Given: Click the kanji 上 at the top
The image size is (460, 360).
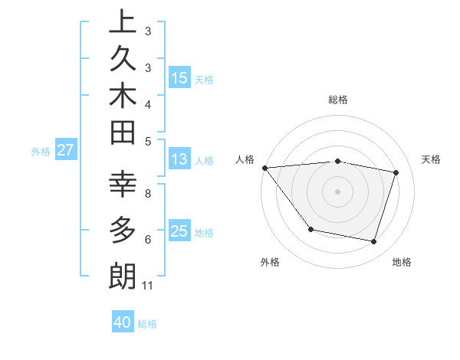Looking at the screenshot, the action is click(123, 21).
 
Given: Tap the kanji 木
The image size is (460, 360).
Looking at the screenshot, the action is click(123, 97).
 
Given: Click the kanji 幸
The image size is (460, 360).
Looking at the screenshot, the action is click(123, 185).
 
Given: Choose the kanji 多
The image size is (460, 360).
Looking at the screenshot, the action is click(123, 229).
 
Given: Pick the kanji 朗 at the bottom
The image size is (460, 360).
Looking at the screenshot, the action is click(123, 276).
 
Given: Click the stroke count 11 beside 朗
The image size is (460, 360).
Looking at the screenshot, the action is click(148, 286).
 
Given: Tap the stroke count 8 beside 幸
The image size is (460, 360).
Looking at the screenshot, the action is click(148, 194).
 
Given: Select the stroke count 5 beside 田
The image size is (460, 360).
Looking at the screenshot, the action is click(148, 141).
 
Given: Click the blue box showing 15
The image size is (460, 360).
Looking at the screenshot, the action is click(179, 77).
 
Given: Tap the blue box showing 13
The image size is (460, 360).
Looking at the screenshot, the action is click(179, 160).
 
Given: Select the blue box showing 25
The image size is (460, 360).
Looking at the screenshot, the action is click(179, 231).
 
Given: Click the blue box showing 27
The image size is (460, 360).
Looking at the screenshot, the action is click(65, 150).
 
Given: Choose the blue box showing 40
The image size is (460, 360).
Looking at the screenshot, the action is click(123, 322).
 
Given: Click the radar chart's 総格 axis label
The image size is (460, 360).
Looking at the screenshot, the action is click(338, 100).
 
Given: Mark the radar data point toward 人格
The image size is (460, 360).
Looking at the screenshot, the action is click(264, 168).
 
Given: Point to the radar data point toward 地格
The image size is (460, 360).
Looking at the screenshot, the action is click(374, 242).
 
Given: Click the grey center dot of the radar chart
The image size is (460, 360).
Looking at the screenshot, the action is click(338, 191).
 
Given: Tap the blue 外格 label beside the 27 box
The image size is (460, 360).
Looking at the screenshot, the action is click(41, 152).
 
